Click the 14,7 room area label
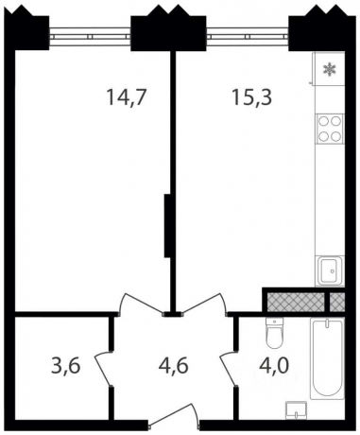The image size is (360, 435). point(127,96)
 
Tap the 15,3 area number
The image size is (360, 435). point(251,96)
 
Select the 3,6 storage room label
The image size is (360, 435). point(66,366)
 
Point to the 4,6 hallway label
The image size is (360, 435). point(174,366)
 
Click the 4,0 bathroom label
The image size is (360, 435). point(274,366)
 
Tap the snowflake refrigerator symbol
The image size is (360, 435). point(330,69)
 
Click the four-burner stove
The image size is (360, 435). point(330,128)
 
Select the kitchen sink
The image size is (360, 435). point(331,270)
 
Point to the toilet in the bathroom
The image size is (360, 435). point(274,333)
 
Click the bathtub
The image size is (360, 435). point(327,358)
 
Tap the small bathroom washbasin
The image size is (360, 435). point(296,410)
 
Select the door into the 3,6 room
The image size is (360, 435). point(103,368)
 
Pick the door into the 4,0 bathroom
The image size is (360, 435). point(228,368)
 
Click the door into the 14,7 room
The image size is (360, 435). point(142,304)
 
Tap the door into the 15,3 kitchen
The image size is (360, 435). point(204,304)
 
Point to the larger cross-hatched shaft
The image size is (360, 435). point(296,302)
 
